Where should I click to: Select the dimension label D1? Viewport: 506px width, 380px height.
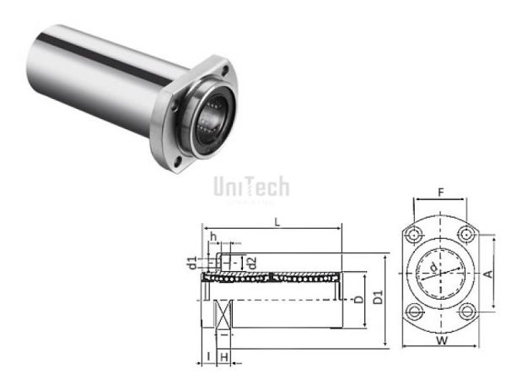[x=379, y=298]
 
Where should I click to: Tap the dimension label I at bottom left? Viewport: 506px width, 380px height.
[x=207, y=357]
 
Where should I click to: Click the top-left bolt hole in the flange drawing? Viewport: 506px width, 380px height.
[x=412, y=236]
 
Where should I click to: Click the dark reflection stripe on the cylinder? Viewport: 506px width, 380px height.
[x=110, y=49]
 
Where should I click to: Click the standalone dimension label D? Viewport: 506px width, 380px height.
[x=358, y=299]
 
